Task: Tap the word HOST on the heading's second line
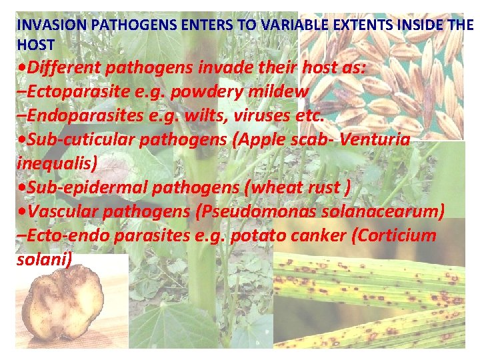pyautogui.click(x=35, y=44)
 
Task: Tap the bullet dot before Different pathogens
pyautogui.click(x=23, y=68)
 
